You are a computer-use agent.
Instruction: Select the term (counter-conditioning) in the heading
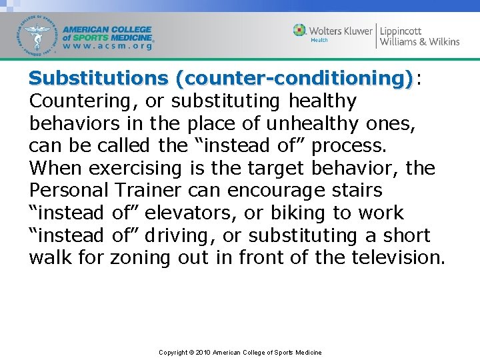point(293,79)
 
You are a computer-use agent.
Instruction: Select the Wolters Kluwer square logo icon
point(300,30)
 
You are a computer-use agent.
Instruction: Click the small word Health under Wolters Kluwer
point(319,41)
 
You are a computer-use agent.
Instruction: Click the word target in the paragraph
point(282,169)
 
